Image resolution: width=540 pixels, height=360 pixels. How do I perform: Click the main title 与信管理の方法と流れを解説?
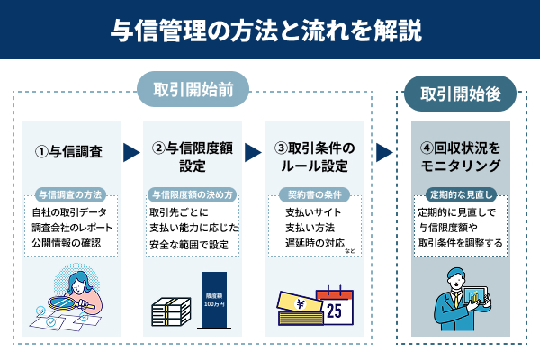(270, 31)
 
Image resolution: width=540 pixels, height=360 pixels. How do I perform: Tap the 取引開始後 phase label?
(459, 91)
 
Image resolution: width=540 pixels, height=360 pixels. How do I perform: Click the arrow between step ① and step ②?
(131, 152)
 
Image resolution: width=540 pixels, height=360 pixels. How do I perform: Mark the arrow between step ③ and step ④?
(385, 152)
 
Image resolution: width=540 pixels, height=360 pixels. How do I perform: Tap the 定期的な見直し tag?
(459, 194)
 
